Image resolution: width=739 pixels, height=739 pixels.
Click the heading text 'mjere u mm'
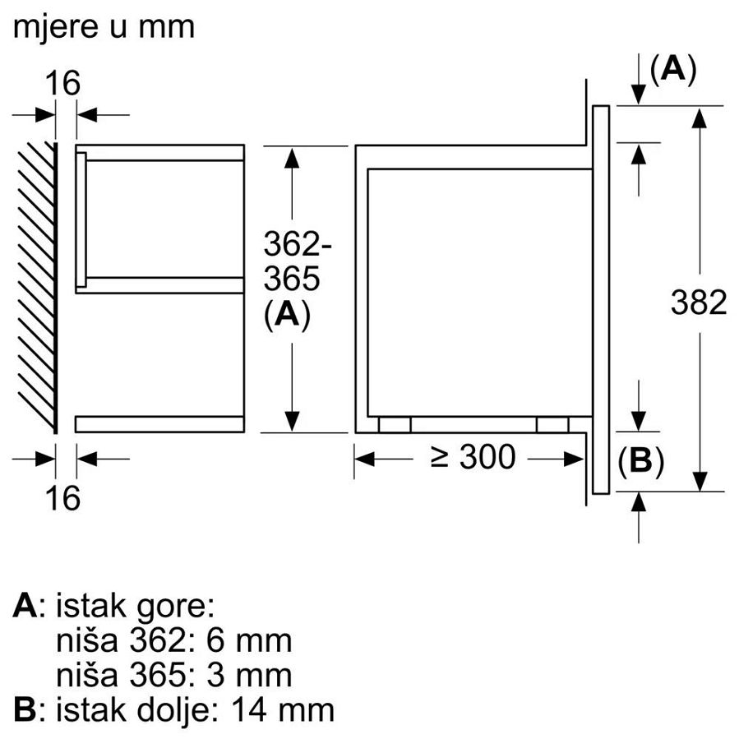click(x=104, y=26)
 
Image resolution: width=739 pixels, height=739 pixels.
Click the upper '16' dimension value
click(x=62, y=84)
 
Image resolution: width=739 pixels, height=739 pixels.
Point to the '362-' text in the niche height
click(x=292, y=244)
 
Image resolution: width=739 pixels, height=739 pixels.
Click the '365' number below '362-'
click(x=291, y=279)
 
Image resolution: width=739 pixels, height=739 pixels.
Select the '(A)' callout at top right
click(x=672, y=71)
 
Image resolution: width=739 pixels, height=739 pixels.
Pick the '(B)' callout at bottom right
click(x=640, y=464)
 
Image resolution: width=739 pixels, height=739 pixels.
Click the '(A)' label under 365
click(x=287, y=316)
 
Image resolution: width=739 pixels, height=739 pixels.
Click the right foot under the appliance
click(x=551, y=424)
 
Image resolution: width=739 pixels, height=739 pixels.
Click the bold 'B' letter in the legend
click(x=25, y=710)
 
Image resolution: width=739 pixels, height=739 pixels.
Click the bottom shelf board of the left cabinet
click(x=160, y=424)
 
